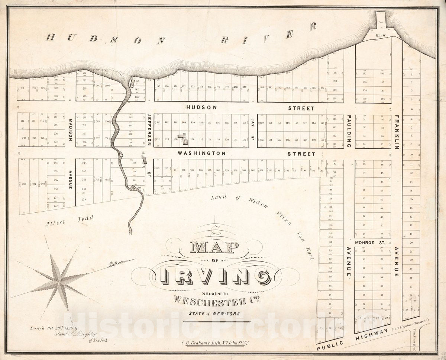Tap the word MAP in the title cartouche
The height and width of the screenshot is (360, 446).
coord(214,247)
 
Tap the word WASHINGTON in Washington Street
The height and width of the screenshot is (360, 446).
coord(201,153)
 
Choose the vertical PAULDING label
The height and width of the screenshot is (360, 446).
coord(349,131)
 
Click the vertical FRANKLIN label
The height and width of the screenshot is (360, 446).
coord(397,132)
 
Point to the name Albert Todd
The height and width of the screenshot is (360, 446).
coord(70,220)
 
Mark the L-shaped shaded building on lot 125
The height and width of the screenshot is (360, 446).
coord(183,139)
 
